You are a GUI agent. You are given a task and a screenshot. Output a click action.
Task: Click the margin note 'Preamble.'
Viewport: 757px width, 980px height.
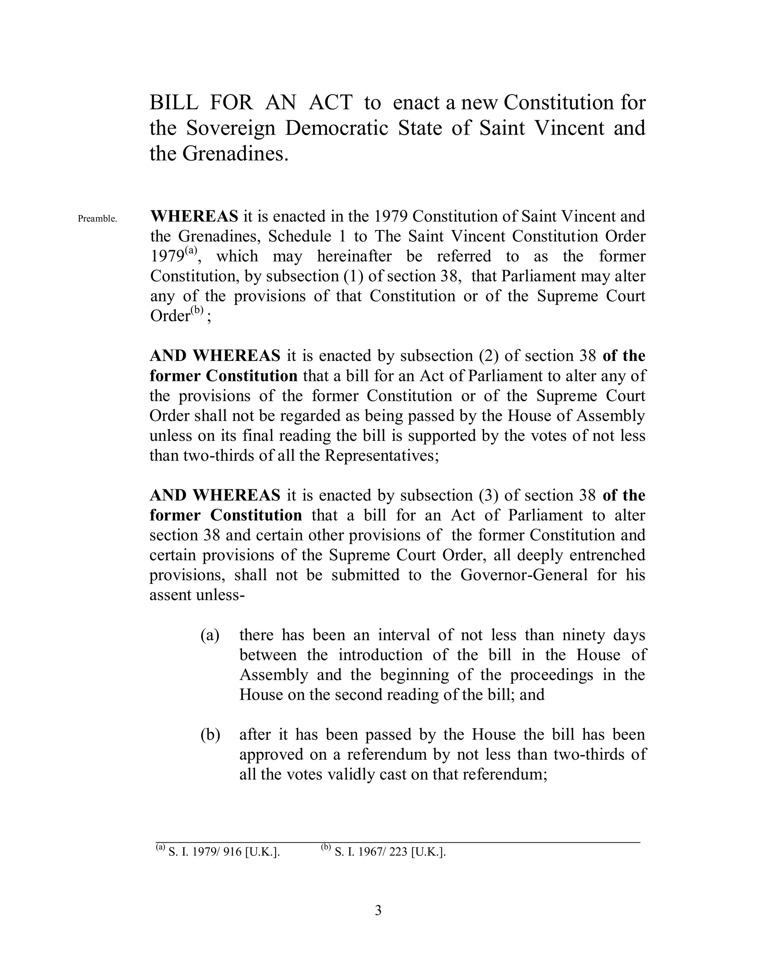pyautogui.click(x=97, y=219)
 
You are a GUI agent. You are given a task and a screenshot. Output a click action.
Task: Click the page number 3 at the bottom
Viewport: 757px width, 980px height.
pyautogui.click(x=378, y=910)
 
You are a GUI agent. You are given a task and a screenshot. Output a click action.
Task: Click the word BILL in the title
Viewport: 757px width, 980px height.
pyautogui.click(x=174, y=103)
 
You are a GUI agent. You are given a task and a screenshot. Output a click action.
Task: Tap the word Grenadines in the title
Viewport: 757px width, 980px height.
pyautogui.click(x=233, y=154)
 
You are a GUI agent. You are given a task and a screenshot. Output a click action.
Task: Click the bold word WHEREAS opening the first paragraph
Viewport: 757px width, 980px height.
pyautogui.click(x=194, y=216)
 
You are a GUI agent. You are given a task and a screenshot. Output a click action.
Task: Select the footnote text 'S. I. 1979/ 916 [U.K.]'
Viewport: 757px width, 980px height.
pyautogui.click(x=224, y=852)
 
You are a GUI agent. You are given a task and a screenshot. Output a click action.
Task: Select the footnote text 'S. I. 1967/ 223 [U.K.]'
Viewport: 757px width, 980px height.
pyautogui.click(x=390, y=852)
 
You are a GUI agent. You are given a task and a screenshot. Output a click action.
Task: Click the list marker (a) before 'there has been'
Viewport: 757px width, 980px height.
pyautogui.click(x=210, y=635)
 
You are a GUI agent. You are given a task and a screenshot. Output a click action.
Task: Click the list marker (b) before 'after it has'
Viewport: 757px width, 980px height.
pyautogui.click(x=210, y=734)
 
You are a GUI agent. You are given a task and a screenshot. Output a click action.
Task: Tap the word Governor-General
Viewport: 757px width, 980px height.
pyautogui.click(x=524, y=575)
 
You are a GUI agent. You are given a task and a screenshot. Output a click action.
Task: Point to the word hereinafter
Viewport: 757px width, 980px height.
pyautogui.click(x=354, y=256)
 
